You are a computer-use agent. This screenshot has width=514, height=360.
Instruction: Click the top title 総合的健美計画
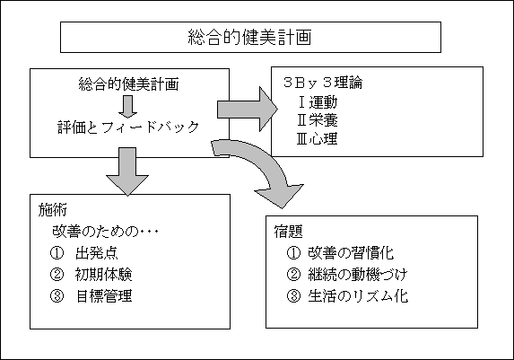coord(249,37)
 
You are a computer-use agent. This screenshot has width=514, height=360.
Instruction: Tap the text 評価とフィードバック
coord(128,127)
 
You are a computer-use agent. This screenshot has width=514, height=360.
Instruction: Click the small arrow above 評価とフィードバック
coord(128,107)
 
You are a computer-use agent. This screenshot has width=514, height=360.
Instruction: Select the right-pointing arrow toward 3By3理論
coord(248,109)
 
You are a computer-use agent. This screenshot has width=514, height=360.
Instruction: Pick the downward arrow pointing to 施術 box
coord(127,171)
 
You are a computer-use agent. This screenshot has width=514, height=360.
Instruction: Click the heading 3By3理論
coord(323,83)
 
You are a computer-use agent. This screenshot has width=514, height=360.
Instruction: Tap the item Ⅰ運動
coord(318,102)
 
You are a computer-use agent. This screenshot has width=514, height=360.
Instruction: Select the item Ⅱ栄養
coord(317,120)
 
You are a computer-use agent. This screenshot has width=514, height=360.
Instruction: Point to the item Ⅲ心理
coord(317,138)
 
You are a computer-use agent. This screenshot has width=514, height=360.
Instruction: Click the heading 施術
coord(53,210)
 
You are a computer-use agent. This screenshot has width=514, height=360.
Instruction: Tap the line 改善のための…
coord(105,232)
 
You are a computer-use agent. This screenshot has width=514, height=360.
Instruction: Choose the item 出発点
coord(96,253)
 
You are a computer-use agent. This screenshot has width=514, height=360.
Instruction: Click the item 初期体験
coord(103,275)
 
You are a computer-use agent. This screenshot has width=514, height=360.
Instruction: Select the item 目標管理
coord(104,296)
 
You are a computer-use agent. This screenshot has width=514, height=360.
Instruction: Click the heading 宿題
coord(289,232)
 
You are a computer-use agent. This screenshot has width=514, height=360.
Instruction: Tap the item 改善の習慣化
coord(351,252)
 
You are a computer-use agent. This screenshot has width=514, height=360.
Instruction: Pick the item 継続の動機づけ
coord(358,275)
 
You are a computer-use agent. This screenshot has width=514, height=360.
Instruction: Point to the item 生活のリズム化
coord(358,296)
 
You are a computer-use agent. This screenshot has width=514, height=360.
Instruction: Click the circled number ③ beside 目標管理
coord(57,296)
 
